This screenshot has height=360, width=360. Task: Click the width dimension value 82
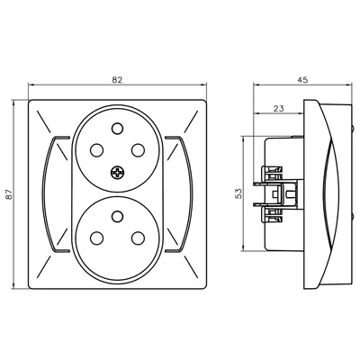tap(117, 81)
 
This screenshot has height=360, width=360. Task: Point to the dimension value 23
tap(279, 108)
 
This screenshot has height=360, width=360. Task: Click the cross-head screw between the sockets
tap(117, 174)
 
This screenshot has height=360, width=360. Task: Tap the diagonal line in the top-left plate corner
tap(43, 118)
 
